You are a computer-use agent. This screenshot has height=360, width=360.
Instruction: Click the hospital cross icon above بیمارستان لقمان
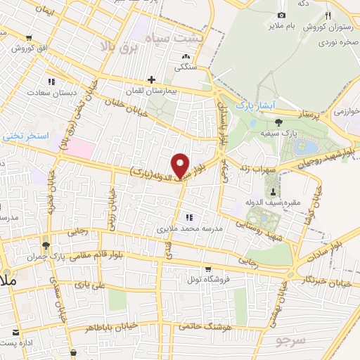click(151, 79)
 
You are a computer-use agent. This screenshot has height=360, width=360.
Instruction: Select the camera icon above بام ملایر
click(282, 15)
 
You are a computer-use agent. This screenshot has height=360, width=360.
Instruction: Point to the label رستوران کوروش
click(323, 27)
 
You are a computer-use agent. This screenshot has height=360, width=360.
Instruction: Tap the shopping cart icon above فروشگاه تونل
click(208, 269)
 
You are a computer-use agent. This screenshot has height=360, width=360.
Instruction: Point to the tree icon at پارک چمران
click(46, 245)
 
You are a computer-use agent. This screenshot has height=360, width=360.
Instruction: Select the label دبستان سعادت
click(51, 92)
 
